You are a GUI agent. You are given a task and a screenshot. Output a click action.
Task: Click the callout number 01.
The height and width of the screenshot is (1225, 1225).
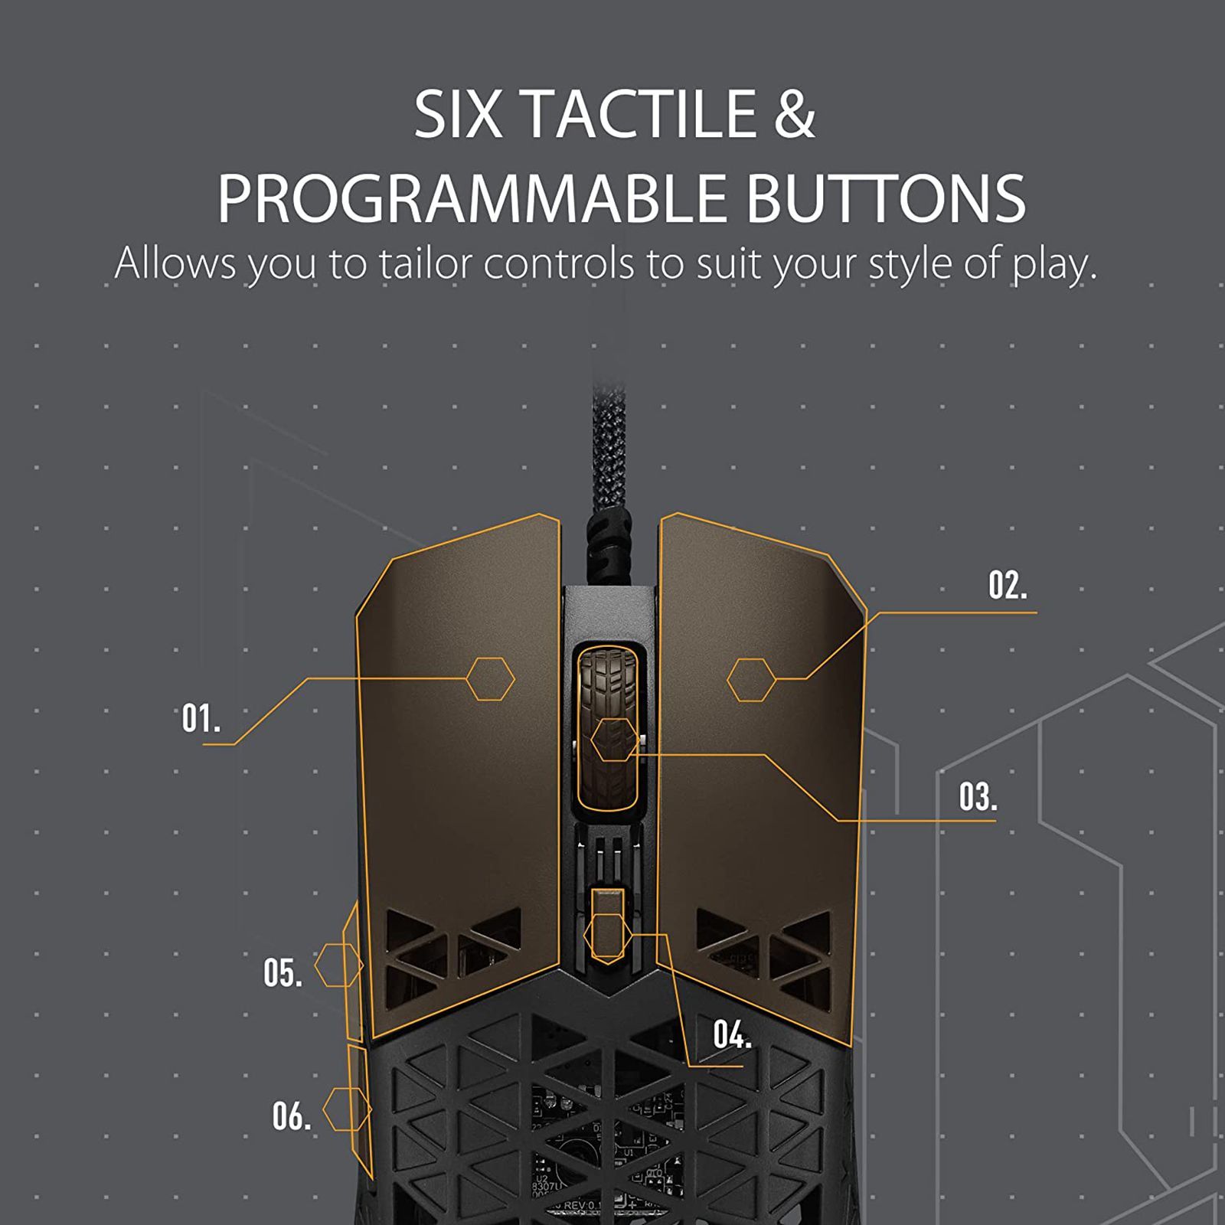point(201,719)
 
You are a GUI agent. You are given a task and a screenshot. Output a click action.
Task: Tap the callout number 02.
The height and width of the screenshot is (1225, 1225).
point(1008,586)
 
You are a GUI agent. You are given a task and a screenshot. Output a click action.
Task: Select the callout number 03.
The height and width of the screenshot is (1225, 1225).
point(978,797)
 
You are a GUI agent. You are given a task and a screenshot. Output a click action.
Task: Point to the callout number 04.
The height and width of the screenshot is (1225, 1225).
point(732,1035)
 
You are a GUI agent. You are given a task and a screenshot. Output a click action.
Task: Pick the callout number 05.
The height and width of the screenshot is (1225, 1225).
point(283,973)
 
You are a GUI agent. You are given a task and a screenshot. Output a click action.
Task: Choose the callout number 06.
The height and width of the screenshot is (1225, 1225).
point(292,1116)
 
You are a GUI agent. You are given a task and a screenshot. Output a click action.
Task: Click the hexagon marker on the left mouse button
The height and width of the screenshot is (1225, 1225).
point(491,679)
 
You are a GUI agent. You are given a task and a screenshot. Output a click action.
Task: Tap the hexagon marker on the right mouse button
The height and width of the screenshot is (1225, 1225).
point(751,680)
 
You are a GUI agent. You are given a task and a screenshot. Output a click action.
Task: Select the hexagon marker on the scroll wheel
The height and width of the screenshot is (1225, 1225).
point(614,740)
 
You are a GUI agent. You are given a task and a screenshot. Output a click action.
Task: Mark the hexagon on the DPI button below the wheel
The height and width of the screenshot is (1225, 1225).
point(607,936)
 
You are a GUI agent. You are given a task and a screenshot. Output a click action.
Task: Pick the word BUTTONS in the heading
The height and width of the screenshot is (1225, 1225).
point(886,198)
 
